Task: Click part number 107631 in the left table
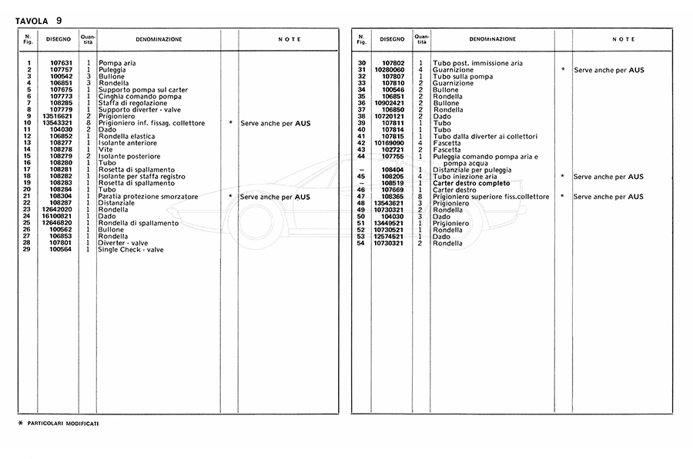tap(61, 63)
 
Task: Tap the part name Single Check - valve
tap(131, 249)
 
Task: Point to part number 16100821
tap(58, 216)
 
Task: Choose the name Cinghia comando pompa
tap(135, 95)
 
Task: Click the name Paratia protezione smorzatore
tap(148, 197)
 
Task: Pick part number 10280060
tap(389, 69)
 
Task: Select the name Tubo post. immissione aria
tap(477, 63)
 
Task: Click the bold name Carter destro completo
tap(471, 183)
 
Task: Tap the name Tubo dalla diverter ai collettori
tap(485, 136)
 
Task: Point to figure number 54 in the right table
tap(361, 243)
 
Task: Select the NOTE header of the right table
tap(624, 39)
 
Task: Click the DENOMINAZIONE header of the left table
tap(159, 39)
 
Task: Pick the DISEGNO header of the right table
tap(391, 39)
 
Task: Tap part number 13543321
tap(58, 123)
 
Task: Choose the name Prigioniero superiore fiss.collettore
tap(491, 197)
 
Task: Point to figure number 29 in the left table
tap(28, 249)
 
